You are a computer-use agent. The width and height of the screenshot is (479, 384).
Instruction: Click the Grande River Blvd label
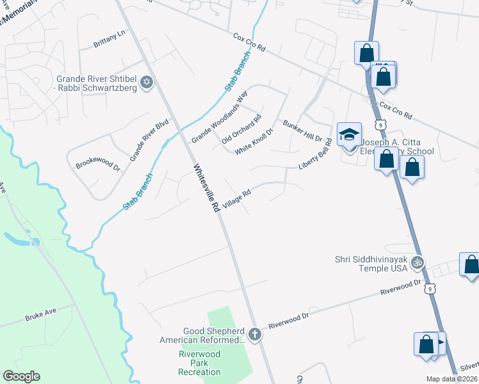(x=149, y=140)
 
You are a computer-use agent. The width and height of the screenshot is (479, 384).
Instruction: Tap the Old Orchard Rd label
(x=241, y=129)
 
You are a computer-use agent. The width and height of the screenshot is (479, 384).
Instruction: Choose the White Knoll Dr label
(x=254, y=141)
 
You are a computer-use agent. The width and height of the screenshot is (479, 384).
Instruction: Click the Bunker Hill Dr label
(x=302, y=131)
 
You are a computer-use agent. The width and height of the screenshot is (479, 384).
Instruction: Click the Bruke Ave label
(x=41, y=316)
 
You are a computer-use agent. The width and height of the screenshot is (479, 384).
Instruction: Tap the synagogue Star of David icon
(x=147, y=82)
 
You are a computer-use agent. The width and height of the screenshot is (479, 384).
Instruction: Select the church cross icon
(x=255, y=335)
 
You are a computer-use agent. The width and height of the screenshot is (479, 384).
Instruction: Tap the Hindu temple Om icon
(x=418, y=262)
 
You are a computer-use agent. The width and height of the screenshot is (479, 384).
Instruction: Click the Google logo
(x=21, y=376)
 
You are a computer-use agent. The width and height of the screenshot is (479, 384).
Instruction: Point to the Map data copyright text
(x=452, y=379)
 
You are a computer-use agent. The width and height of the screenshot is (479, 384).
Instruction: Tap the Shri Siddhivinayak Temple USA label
(x=371, y=264)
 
